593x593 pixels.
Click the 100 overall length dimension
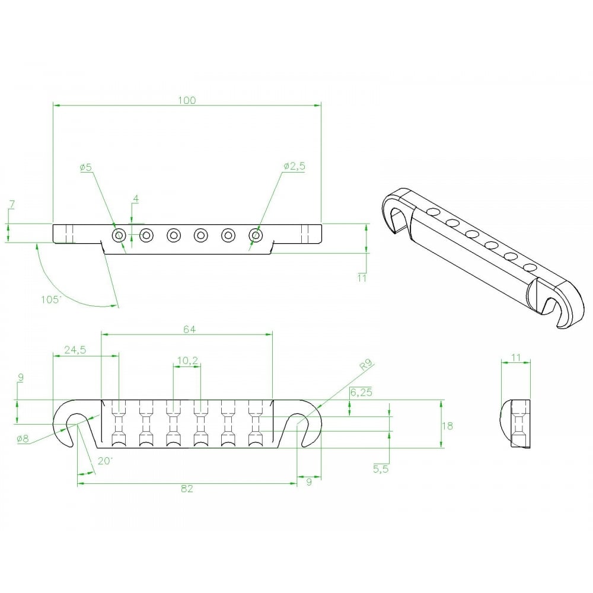pos(187,100)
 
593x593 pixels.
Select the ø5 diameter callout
pos(86,167)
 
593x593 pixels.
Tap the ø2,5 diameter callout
pos(294,167)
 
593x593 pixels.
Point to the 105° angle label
pos(51,299)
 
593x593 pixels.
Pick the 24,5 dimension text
pos(75,350)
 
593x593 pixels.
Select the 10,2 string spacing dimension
pos(187,360)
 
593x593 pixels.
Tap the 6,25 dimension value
pos(361,393)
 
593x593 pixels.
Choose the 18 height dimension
pos(448,425)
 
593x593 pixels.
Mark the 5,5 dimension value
pos(382,468)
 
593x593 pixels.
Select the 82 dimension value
pos(187,489)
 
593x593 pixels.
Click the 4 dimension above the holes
pos(135,199)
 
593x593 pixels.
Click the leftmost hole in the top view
pos(119,235)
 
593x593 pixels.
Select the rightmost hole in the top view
pos(255,235)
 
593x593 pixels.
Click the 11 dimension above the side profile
pos(515,358)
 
